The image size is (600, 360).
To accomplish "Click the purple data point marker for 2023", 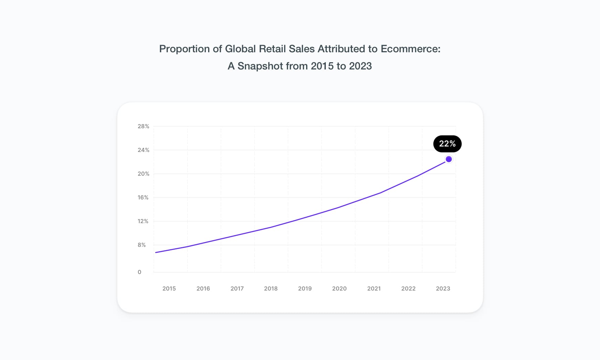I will (449, 159).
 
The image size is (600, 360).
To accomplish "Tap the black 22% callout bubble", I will (447, 144).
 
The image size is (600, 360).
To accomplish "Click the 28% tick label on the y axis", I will (143, 126).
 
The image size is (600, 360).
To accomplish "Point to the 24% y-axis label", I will (143, 150).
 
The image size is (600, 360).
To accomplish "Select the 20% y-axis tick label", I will (143, 174).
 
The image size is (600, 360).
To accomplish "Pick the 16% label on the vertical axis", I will (143, 197).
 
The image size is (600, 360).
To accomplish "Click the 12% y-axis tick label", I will (143, 221).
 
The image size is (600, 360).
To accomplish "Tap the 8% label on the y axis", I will (142, 245).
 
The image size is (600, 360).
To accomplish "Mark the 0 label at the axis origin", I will (139, 272).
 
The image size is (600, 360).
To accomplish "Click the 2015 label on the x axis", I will (169, 288).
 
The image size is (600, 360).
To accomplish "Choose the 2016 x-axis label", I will (203, 288).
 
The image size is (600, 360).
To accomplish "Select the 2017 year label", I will (237, 288).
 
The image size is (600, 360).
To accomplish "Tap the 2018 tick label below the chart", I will (271, 288).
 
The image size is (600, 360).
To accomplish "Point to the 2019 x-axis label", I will (305, 288).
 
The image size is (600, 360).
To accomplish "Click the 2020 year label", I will (339, 288).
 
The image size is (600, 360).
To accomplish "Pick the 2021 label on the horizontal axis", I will (374, 288).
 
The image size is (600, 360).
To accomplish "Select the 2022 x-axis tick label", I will (408, 288).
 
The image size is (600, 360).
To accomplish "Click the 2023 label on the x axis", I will (443, 288).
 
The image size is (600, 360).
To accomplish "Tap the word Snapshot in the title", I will (260, 66).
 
